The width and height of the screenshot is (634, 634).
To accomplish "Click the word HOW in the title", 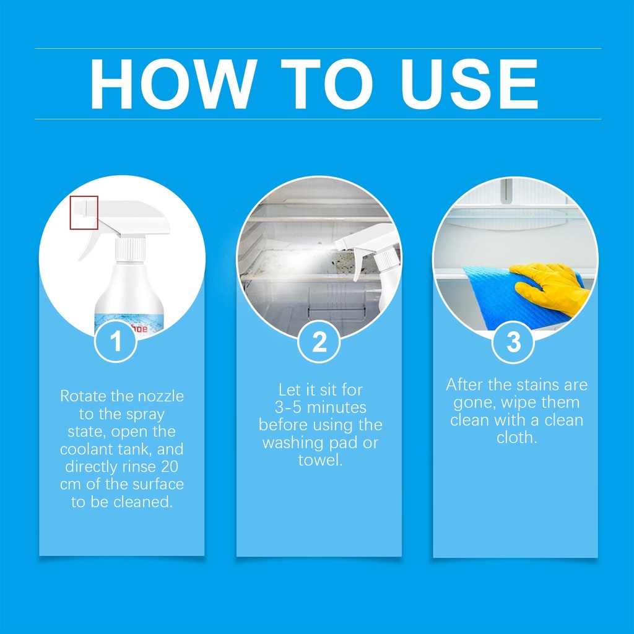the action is click(x=173, y=84).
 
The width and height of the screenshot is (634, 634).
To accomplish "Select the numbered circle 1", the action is click(x=116, y=341).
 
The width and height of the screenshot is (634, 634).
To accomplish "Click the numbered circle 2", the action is click(x=319, y=342).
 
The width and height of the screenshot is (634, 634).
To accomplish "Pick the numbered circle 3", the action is click(x=513, y=342).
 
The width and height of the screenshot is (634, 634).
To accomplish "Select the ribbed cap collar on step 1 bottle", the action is click(x=130, y=249).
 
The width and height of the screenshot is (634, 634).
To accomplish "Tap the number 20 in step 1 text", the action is click(x=170, y=467).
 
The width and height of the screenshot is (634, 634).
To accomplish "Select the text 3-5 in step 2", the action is click(x=289, y=407).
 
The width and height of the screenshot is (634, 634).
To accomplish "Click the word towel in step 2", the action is click(x=320, y=460).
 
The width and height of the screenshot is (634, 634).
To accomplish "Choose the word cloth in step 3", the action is click(x=517, y=438).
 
